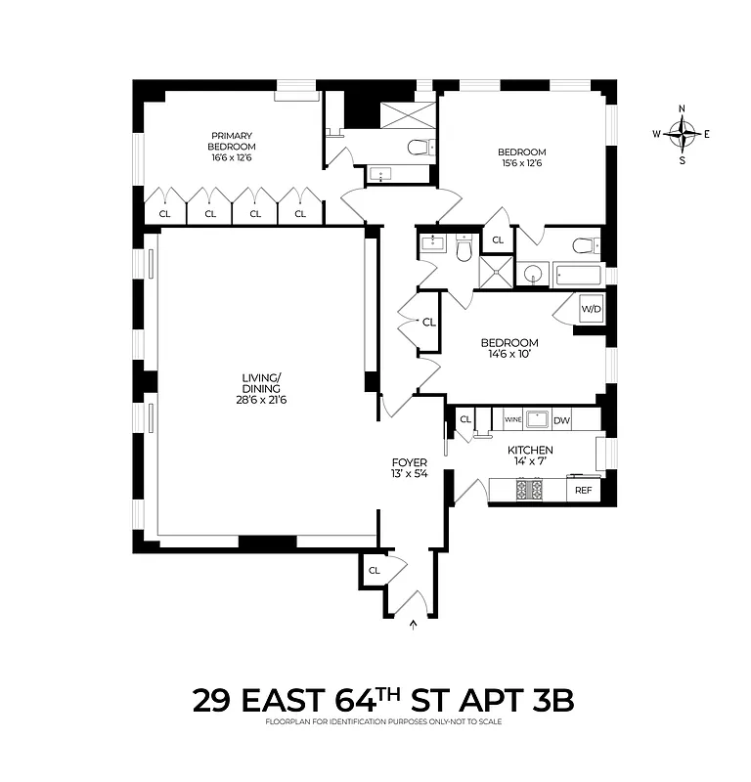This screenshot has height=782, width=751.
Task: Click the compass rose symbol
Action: point(682,133)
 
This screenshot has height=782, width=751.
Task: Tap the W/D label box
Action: point(591,310)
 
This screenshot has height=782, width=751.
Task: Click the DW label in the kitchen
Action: point(560,419)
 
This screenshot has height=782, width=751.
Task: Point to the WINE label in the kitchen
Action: point(512,419)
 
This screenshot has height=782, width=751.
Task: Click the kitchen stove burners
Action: point(529,489)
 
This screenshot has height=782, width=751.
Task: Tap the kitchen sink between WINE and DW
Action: point(537,419)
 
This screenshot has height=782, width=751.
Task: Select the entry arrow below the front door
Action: point(412,623)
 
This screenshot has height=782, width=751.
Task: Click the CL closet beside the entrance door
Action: point(374,570)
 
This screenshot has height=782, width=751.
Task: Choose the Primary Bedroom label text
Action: point(231,142)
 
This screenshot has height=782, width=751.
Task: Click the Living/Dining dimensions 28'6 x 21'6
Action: point(261,400)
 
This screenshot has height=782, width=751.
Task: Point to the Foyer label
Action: point(408,462)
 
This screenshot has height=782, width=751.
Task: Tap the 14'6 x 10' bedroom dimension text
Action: point(508,355)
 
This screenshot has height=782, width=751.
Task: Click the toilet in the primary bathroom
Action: point(420,148)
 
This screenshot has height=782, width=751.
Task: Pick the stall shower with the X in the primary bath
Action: point(404,113)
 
